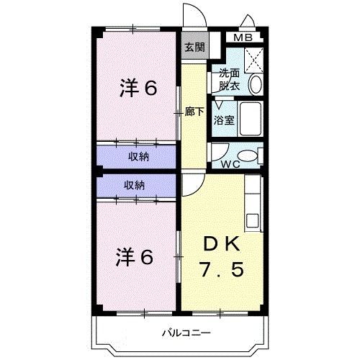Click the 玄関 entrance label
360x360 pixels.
[194, 48]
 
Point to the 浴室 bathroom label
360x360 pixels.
[223, 120]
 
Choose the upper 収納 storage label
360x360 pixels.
[139, 156]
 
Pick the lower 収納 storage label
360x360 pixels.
[135, 185]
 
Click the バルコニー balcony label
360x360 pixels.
[185, 333]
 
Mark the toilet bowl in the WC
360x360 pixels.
[247, 155]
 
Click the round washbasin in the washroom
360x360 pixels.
[256, 84]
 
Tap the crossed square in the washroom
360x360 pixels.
[253, 57]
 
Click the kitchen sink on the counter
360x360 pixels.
[253, 219]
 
